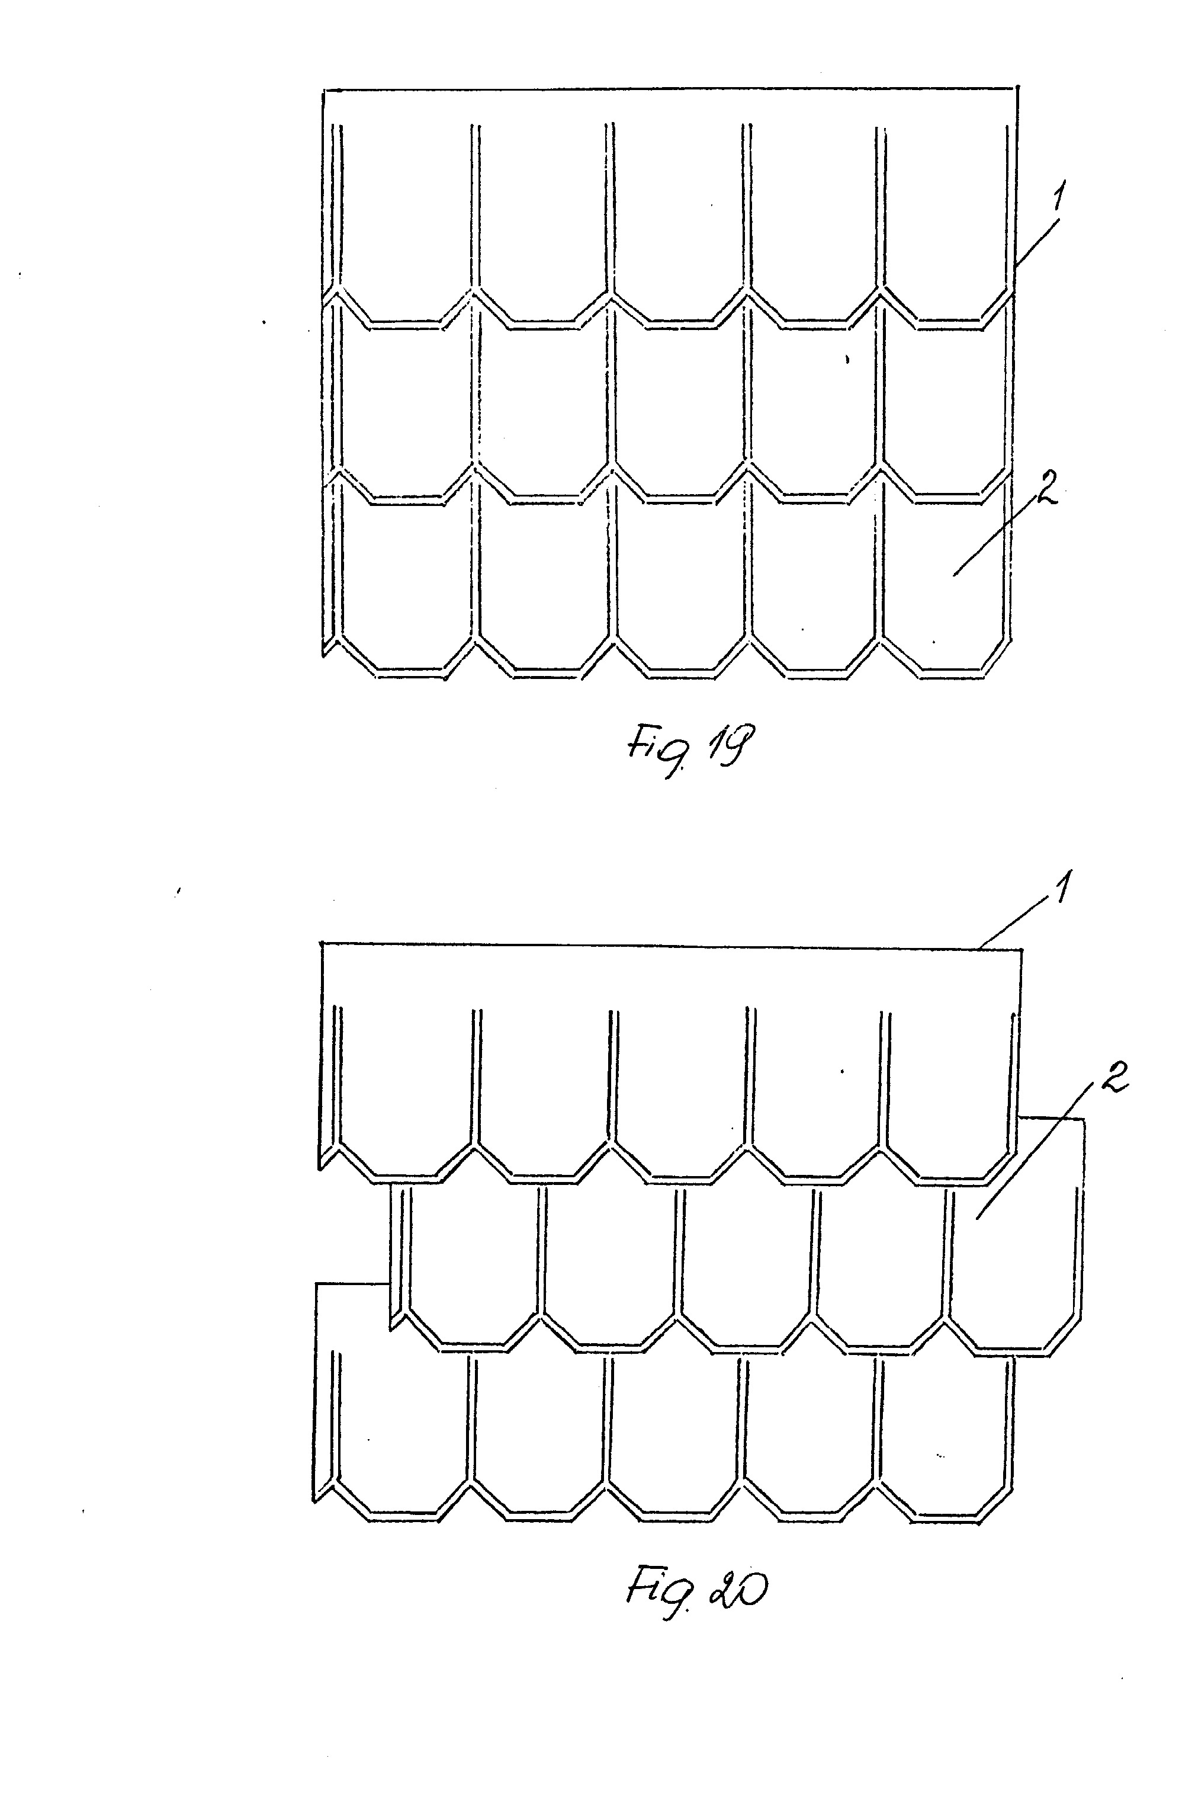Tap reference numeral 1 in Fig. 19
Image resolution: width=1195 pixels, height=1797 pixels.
coord(1057,199)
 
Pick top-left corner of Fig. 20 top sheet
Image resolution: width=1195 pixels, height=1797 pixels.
coord(322,944)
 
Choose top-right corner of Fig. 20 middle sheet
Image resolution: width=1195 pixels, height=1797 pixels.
coord(1084,1119)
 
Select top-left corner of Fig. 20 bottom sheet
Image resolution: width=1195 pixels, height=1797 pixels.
coord(316,1284)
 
